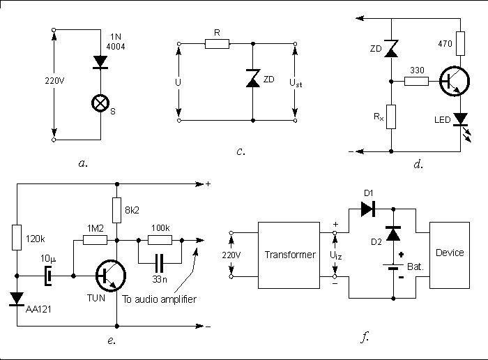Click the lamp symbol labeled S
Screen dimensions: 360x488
click(x=102, y=104)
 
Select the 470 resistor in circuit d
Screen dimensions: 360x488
click(x=459, y=41)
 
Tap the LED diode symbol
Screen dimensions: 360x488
click(x=459, y=120)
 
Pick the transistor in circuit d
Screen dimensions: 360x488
click(x=454, y=82)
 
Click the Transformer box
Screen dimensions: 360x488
click(x=290, y=254)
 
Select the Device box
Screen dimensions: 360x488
click(x=449, y=253)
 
